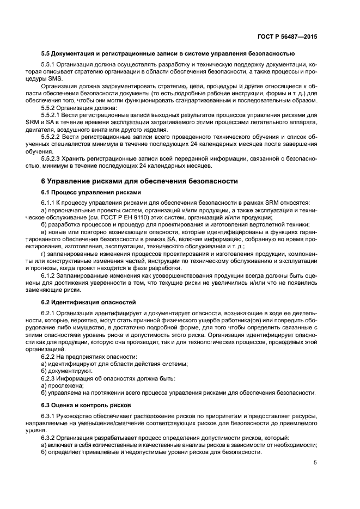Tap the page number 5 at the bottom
pyautogui.click(x=315, y=463)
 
